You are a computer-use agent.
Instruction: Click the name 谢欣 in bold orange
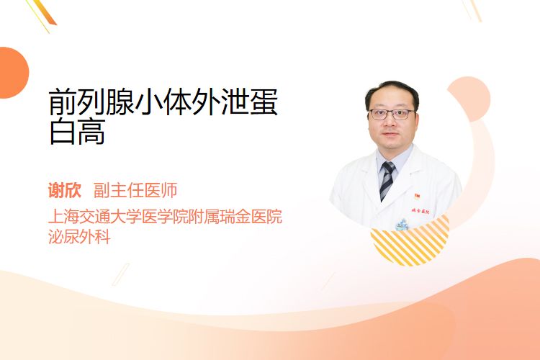point(65,190)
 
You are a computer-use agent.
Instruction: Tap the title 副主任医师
point(135,190)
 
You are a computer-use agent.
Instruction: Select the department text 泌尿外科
point(79,236)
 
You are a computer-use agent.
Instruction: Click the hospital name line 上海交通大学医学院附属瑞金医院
point(166,216)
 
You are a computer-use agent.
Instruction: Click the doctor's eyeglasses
point(392,114)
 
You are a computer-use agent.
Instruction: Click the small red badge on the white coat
point(417,197)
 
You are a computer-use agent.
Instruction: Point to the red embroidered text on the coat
point(420,211)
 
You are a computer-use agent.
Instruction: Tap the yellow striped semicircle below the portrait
point(410,241)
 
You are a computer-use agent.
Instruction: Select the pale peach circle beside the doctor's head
point(469,99)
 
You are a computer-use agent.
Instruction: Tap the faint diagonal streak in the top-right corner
point(472,9)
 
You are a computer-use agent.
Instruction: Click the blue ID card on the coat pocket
point(402,225)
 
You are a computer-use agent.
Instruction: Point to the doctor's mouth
point(390,134)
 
